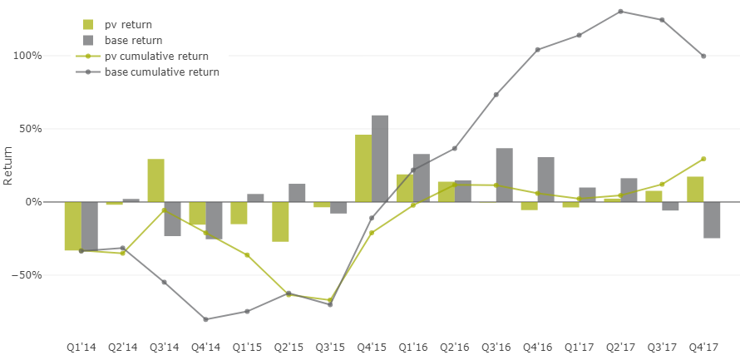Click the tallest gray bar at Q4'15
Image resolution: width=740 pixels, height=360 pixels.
click(380, 158)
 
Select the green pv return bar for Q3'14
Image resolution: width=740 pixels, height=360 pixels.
click(155, 180)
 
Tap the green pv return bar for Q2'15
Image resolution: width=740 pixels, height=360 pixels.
click(280, 221)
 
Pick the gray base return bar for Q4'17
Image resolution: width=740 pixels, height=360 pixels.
click(712, 219)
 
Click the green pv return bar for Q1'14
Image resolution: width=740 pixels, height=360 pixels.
click(73, 225)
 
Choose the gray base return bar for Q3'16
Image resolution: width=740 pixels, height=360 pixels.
click(505, 175)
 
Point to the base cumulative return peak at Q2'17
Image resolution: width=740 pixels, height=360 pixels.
click(620, 12)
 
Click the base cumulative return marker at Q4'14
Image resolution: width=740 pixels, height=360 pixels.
click(205, 319)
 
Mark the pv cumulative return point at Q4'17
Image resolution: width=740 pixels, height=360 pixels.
click(703, 159)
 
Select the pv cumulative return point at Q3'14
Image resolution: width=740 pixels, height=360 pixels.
click(164, 210)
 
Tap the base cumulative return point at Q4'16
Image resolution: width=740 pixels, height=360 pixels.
click(538, 50)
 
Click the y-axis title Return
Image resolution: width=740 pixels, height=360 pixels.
click(8, 165)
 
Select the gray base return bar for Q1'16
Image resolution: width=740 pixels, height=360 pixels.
click(422, 177)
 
